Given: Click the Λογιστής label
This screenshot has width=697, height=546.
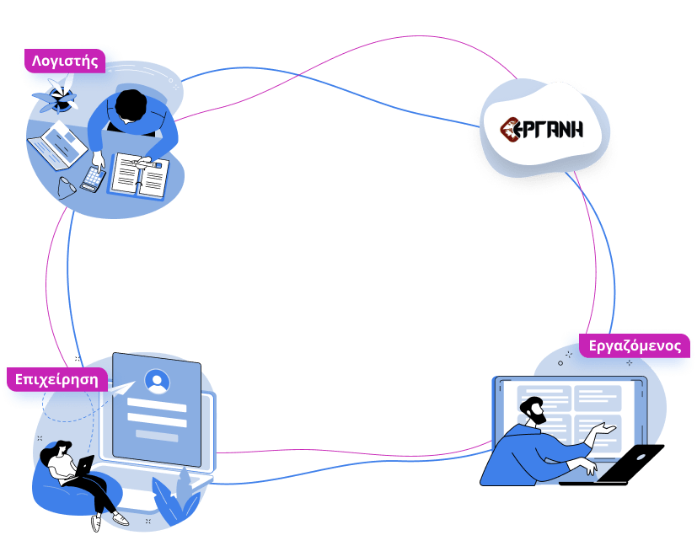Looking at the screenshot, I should [65, 61].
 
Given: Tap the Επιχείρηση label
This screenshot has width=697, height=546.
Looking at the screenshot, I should [56, 379].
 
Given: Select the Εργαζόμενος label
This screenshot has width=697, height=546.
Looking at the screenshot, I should [635, 345].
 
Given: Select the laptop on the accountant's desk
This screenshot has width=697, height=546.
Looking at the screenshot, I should [59, 143].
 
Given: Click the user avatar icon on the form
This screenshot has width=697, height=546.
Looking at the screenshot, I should [157, 382].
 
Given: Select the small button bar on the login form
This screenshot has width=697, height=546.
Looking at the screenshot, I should [156, 435].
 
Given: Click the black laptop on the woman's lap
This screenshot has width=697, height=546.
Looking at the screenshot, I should [84, 464].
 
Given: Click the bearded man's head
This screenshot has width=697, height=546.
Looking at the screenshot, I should [534, 409].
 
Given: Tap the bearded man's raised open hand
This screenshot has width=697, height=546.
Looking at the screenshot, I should [603, 430].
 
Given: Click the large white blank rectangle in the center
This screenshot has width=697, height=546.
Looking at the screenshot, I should [357, 276].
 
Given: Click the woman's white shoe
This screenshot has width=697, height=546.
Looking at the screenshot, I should [120, 520].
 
